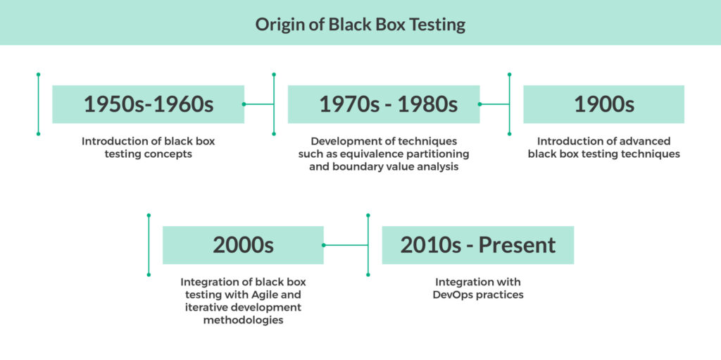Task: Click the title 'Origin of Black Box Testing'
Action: point(360,24)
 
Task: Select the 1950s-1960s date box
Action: point(148,104)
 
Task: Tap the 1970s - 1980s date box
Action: point(384,104)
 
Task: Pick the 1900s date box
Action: point(603,104)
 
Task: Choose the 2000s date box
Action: point(243,245)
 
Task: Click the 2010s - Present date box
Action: point(477,245)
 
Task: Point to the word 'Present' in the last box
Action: point(517,245)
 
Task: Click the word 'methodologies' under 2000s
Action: point(243,320)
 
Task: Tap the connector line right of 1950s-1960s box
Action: point(259,104)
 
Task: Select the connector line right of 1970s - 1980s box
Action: point(494,104)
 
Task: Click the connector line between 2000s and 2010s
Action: point(346,245)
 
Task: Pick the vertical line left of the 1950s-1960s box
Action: point(38,104)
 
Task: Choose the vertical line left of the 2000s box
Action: point(149,245)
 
